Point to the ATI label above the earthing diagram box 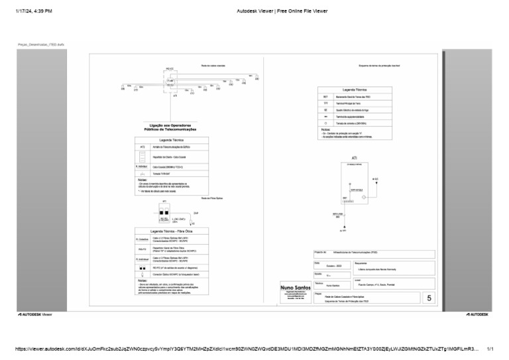point(355,158)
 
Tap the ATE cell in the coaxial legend point(142,147)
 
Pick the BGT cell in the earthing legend point(325,97)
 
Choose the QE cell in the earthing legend point(325,110)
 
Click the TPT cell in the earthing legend point(325,103)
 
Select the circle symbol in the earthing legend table point(325,123)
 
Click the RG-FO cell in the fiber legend point(142,249)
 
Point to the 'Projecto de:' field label point(321,253)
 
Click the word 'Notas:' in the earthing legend point(325,129)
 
